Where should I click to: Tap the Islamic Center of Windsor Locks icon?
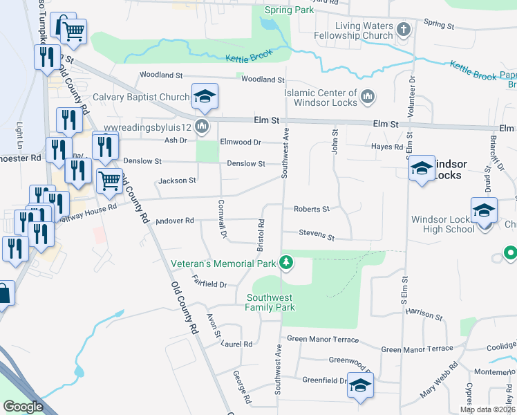coord(368,98)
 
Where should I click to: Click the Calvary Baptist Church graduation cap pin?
coord(205,96)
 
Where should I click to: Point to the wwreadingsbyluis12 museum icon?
coord(202,126)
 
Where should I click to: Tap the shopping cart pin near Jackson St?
coord(109,181)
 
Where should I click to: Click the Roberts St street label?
coord(311,208)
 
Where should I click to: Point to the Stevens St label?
coord(317,235)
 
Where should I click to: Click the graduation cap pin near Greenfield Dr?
coord(359,385)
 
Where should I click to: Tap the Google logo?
coord(22,406)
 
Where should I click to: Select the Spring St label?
coord(439,24)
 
